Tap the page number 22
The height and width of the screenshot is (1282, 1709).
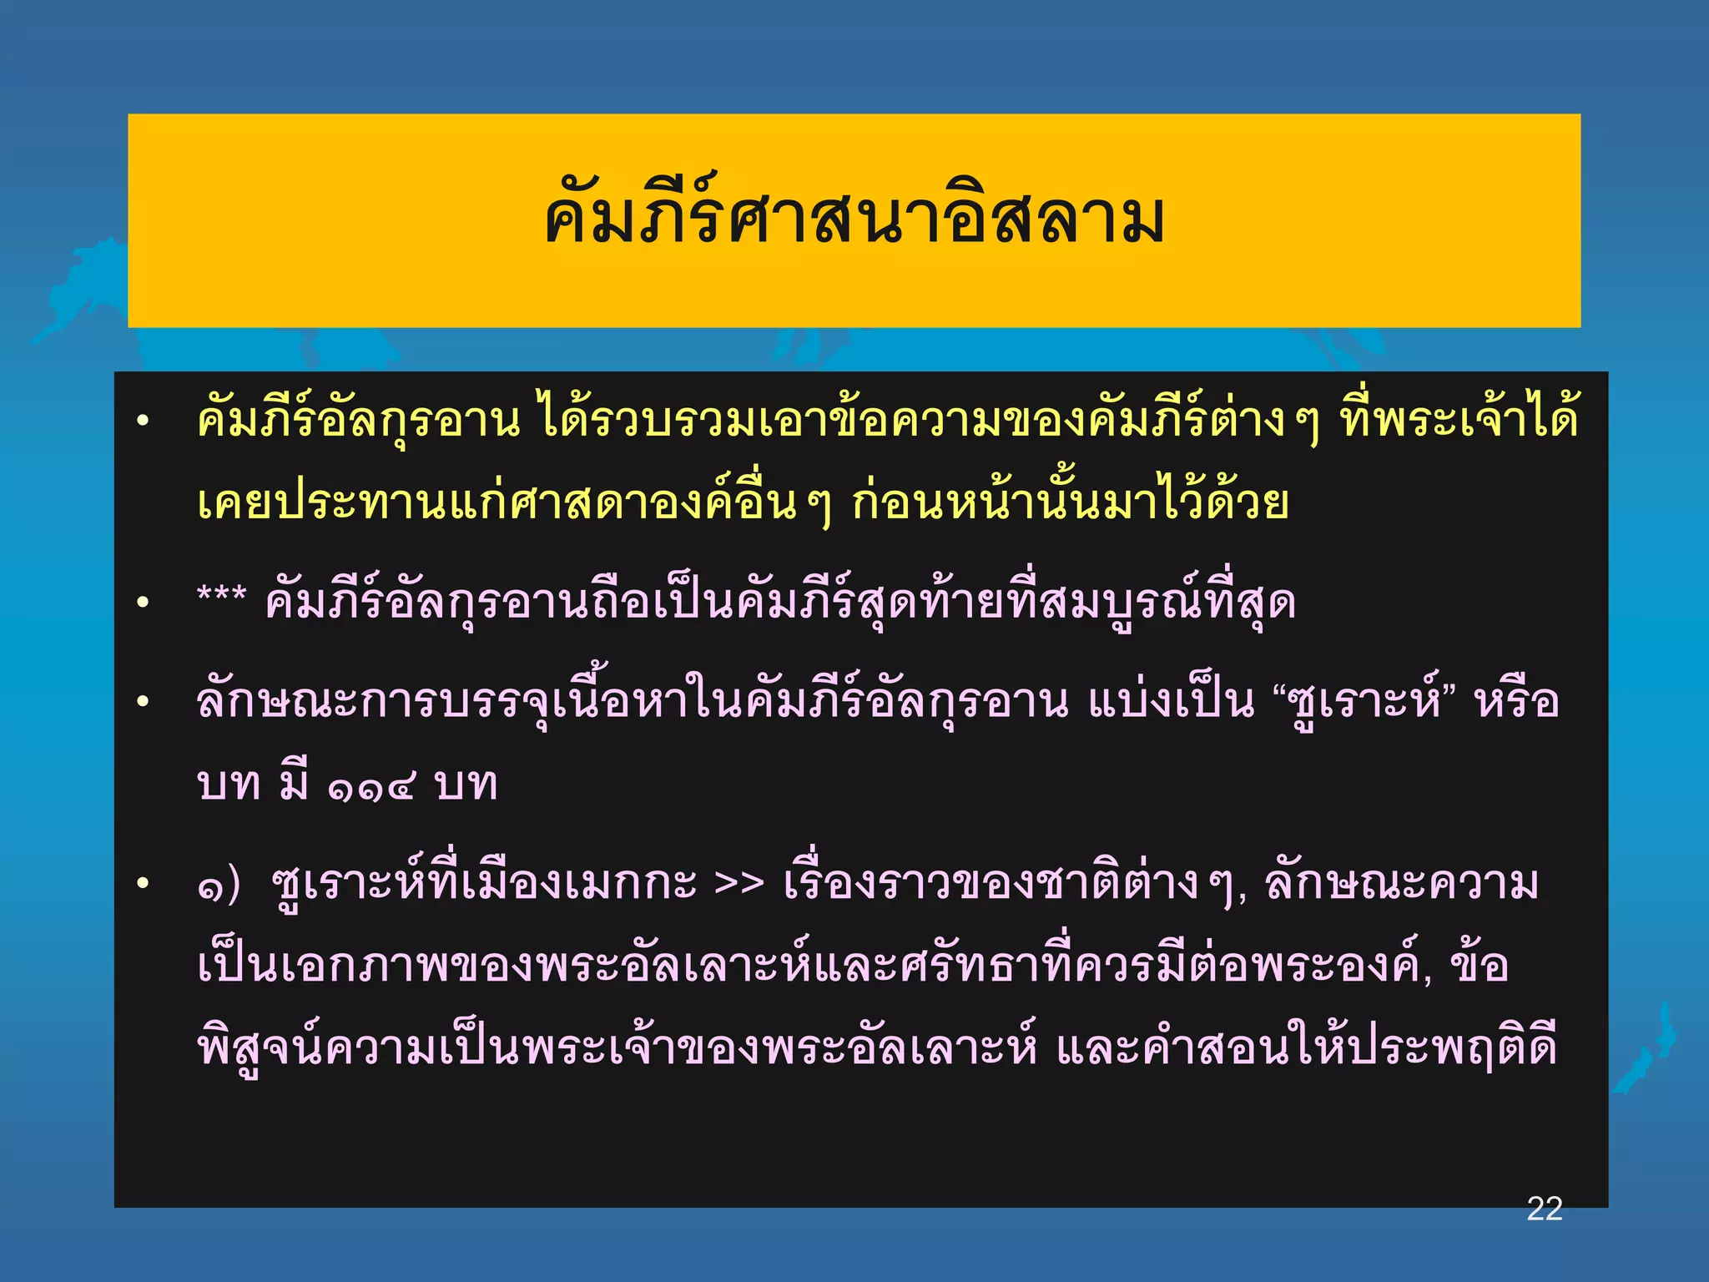(1544, 1209)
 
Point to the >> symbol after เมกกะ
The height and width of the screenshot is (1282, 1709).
(739, 884)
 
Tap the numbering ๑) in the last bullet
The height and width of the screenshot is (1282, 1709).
(219, 886)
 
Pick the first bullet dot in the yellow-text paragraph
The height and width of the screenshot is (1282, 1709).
(144, 421)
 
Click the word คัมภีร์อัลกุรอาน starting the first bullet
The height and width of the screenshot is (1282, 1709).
(359, 421)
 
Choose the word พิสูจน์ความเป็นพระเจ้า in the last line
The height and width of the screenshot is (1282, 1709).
(434, 1048)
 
